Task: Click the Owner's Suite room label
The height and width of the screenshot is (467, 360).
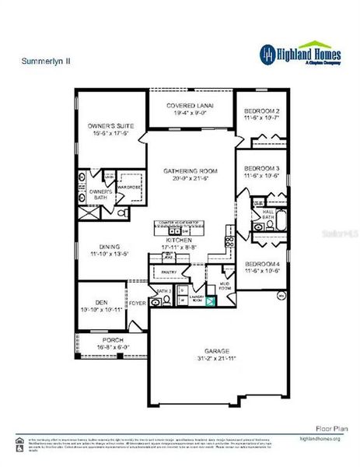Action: [x=110, y=124]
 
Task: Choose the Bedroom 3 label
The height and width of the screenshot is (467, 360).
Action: [x=261, y=168]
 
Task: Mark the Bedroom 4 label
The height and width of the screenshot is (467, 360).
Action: [x=261, y=263]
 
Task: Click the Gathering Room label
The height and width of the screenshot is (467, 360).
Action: [x=190, y=170]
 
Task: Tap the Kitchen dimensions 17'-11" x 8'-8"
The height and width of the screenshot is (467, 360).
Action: [x=177, y=248]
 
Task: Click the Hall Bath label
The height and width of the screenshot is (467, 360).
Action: [x=268, y=212]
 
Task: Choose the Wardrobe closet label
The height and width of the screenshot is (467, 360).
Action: [x=128, y=188]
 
